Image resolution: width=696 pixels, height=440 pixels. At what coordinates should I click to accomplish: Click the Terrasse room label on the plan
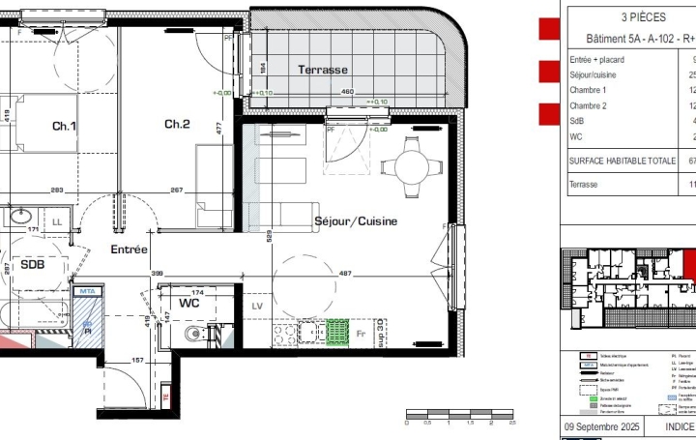pos(322,70)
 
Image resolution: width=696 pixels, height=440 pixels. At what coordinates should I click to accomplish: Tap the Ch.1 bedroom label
pos(64,126)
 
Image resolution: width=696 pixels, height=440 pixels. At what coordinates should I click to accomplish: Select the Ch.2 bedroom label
pos(177,124)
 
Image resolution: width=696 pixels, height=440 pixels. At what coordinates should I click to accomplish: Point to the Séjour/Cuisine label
pos(356,221)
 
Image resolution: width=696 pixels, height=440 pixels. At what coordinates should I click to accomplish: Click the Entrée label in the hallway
pos(129,249)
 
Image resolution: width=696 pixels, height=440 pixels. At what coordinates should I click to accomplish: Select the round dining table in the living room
pos(412,165)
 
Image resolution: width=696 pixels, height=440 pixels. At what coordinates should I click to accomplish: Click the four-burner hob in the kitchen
pos(285,335)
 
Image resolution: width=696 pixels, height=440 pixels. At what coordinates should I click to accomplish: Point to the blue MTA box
pos(87,290)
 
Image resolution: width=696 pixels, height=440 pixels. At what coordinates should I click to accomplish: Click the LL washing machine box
pos(58,222)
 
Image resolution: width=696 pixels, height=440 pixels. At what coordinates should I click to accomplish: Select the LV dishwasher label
pos(257,307)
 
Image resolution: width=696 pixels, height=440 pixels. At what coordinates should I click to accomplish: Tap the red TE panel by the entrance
pos(165,396)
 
